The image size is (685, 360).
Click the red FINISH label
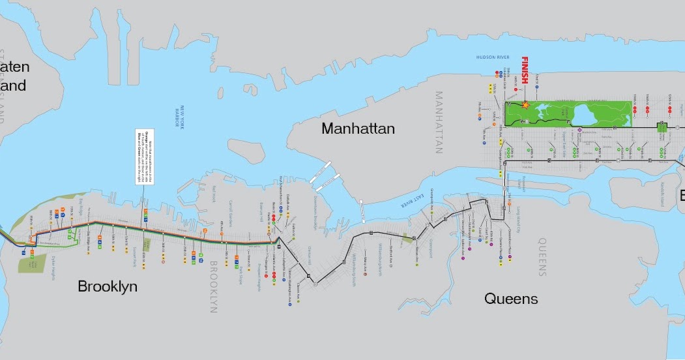pos(525,71)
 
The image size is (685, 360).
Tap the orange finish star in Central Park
pos(526,104)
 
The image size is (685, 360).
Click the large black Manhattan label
pos(358,128)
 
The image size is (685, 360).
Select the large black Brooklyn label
pos(108,286)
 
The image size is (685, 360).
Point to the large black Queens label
pos(511,299)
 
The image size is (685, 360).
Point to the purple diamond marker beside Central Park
pos(579,130)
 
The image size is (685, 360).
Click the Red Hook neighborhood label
pos(213,194)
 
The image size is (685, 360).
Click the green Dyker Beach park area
pos(27,265)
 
